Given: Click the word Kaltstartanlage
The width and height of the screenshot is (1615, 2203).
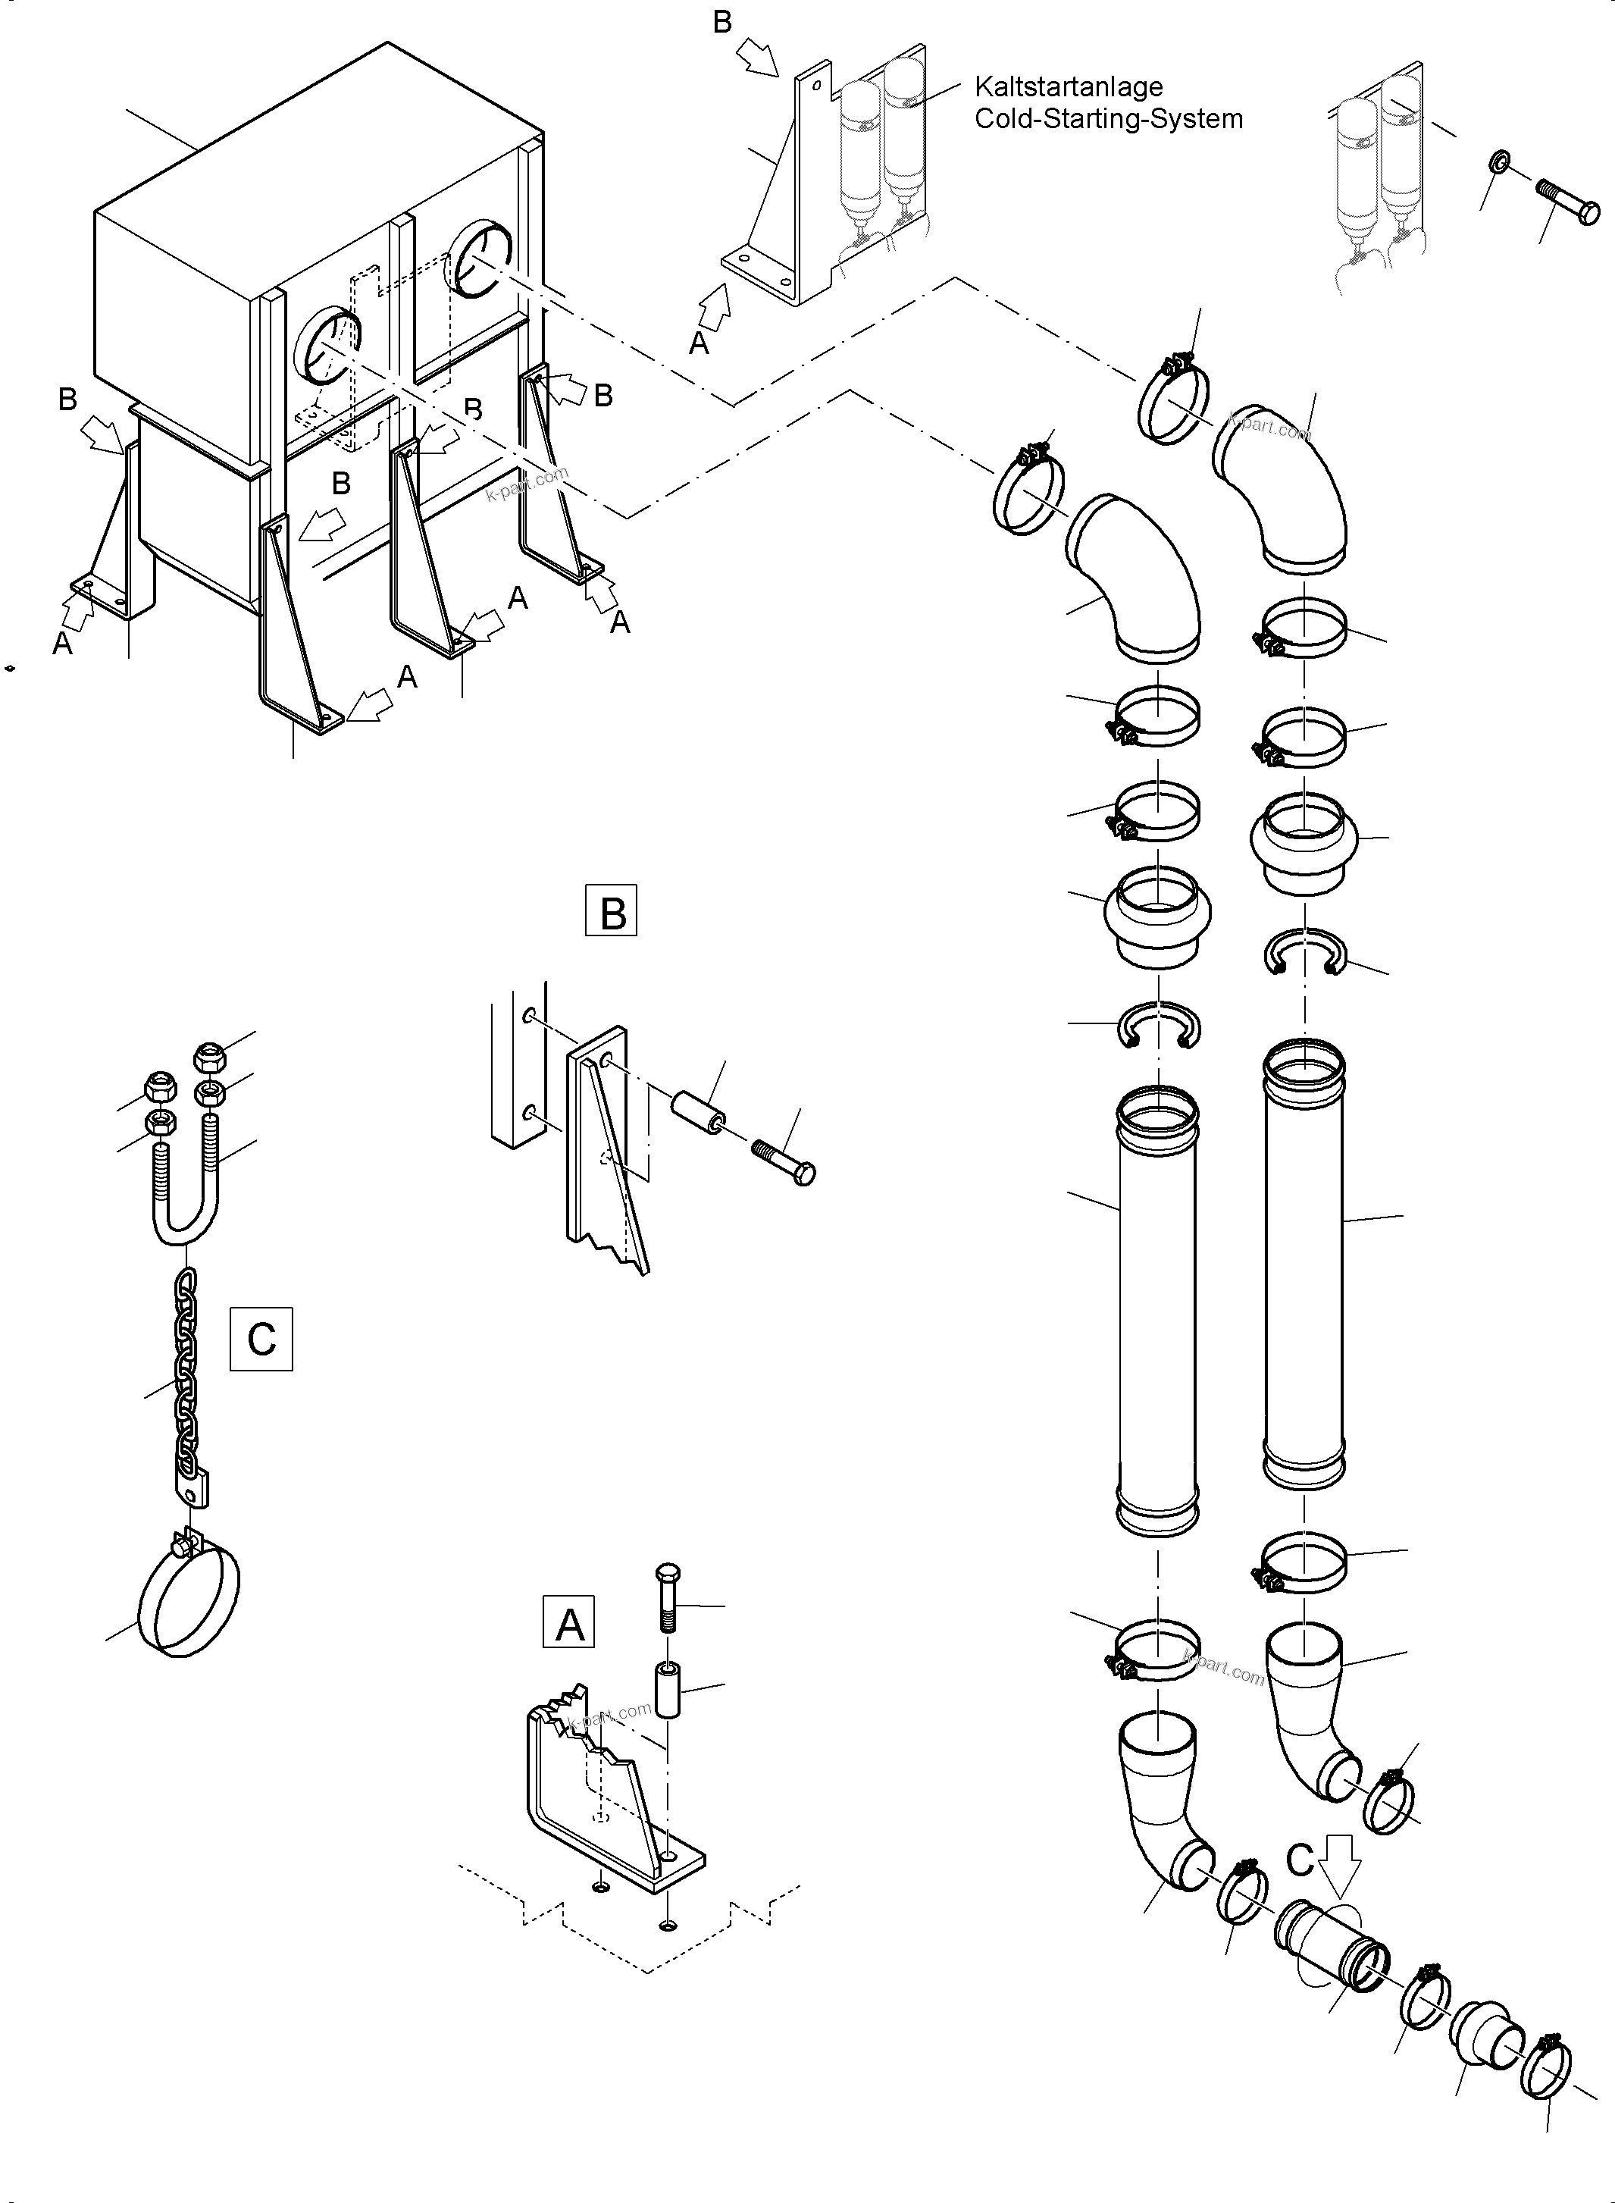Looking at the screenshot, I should (x=1068, y=87).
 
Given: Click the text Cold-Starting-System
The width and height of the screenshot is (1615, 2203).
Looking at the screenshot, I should (x=1108, y=119).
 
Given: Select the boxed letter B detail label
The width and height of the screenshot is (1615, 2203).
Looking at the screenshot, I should (x=611, y=910).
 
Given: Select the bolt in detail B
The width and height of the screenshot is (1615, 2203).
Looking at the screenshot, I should (x=784, y=1161).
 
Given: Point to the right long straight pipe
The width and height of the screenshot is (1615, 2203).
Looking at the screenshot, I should (x=1304, y=1261).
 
